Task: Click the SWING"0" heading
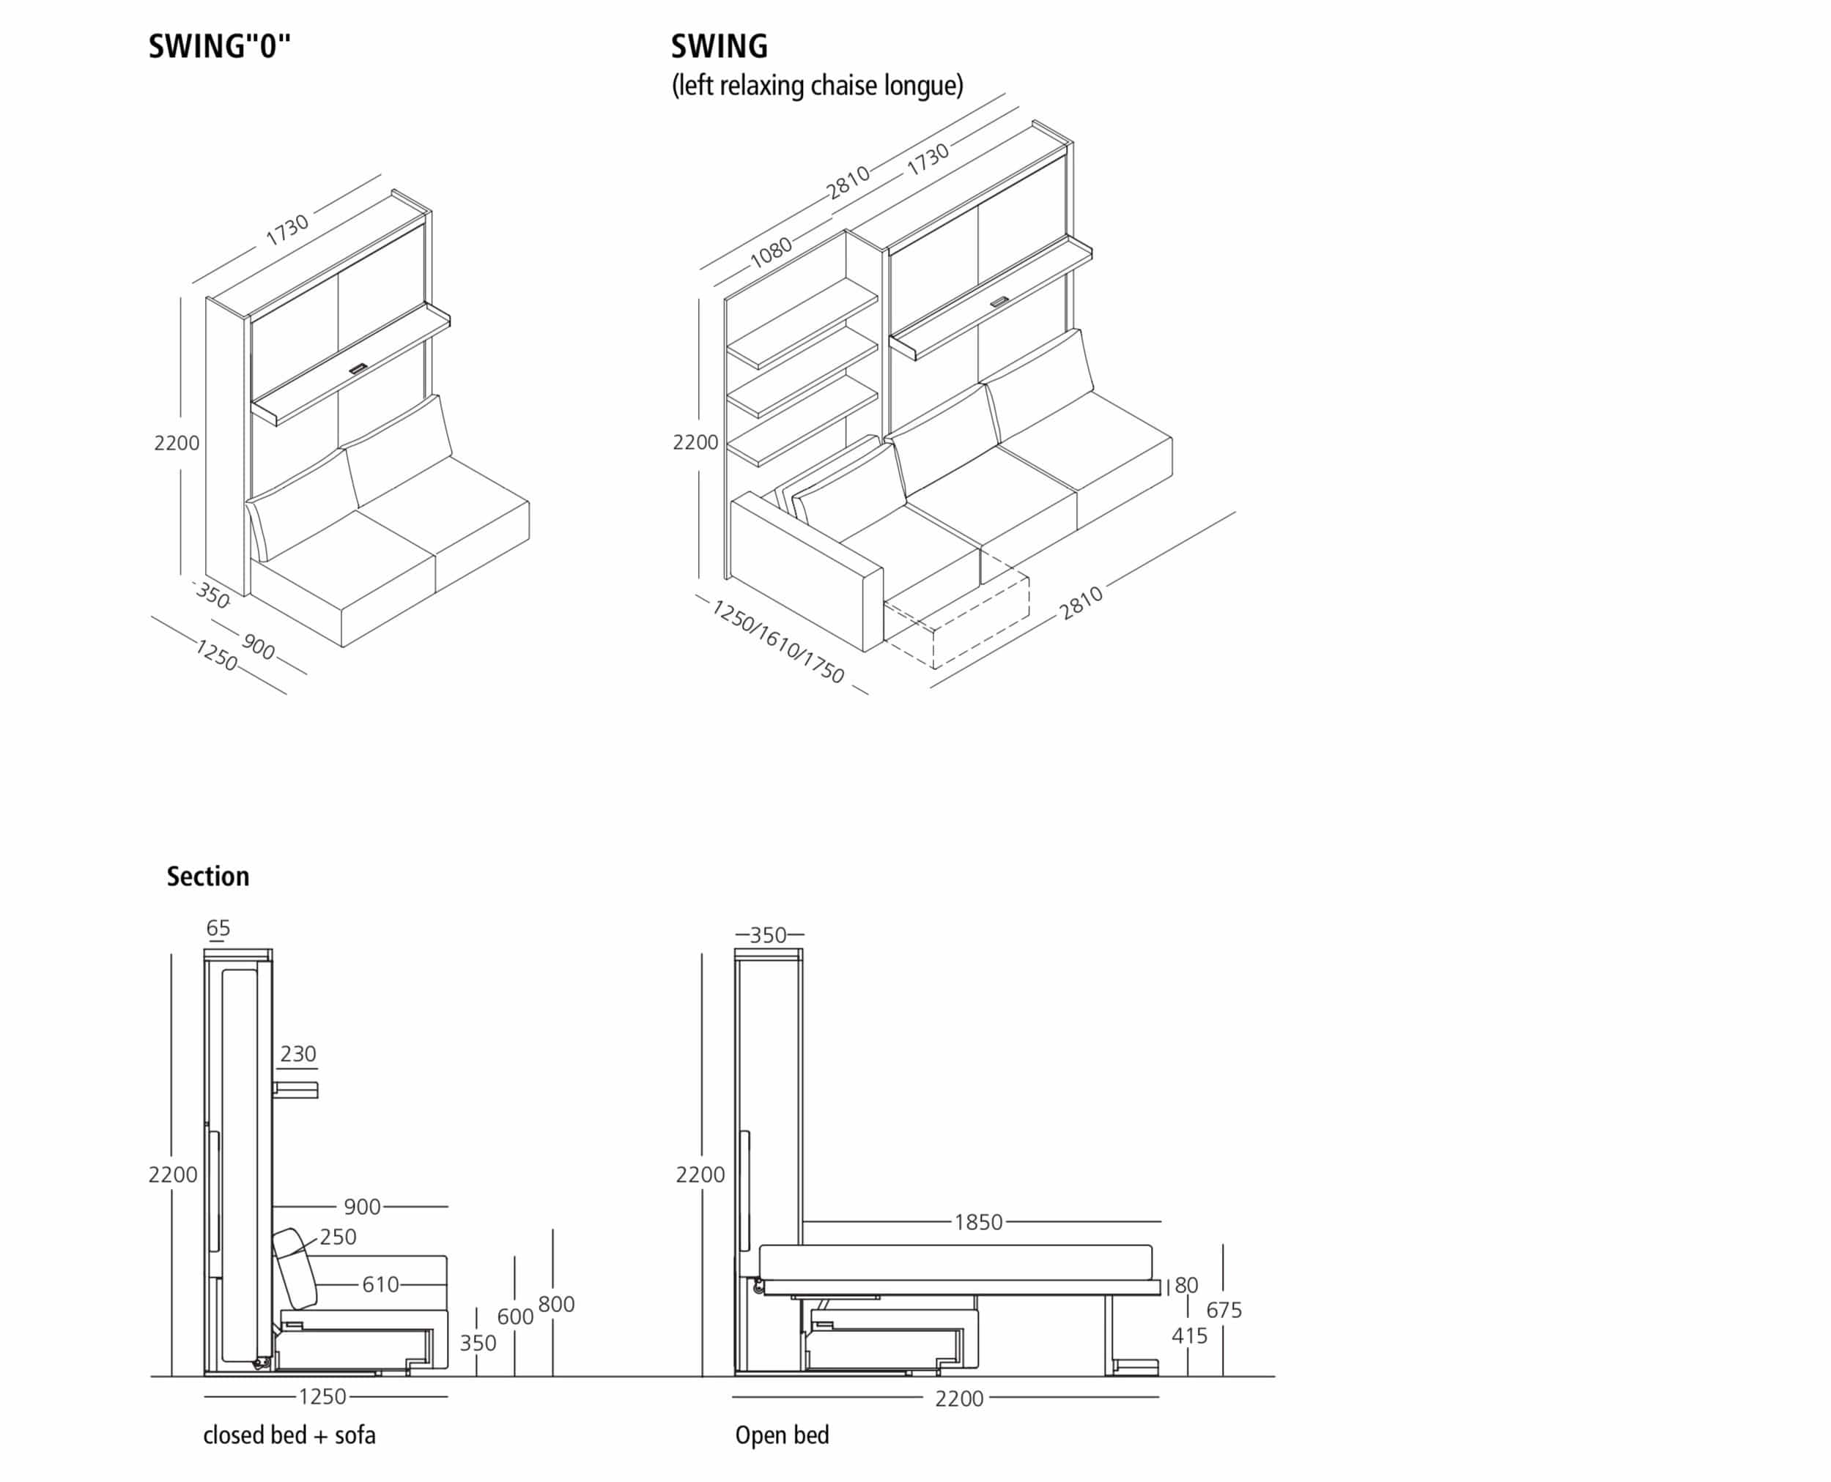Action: point(220,46)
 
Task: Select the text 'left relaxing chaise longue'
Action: point(817,86)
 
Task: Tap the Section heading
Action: point(207,876)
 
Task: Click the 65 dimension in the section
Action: point(218,928)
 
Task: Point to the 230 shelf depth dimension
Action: point(297,1054)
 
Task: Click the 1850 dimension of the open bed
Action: point(978,1223)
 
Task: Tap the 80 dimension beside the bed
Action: point(1186,1286)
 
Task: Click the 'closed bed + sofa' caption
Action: point(289,1435)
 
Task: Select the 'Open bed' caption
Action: point(782,1435)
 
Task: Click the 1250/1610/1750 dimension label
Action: point(777,641)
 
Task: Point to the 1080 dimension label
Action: point(772,252)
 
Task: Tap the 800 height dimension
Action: point(556,1304)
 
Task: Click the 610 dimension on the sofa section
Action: point(380,1285)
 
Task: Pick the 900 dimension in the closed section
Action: point(362,1207)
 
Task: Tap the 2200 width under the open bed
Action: point(958,1399)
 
